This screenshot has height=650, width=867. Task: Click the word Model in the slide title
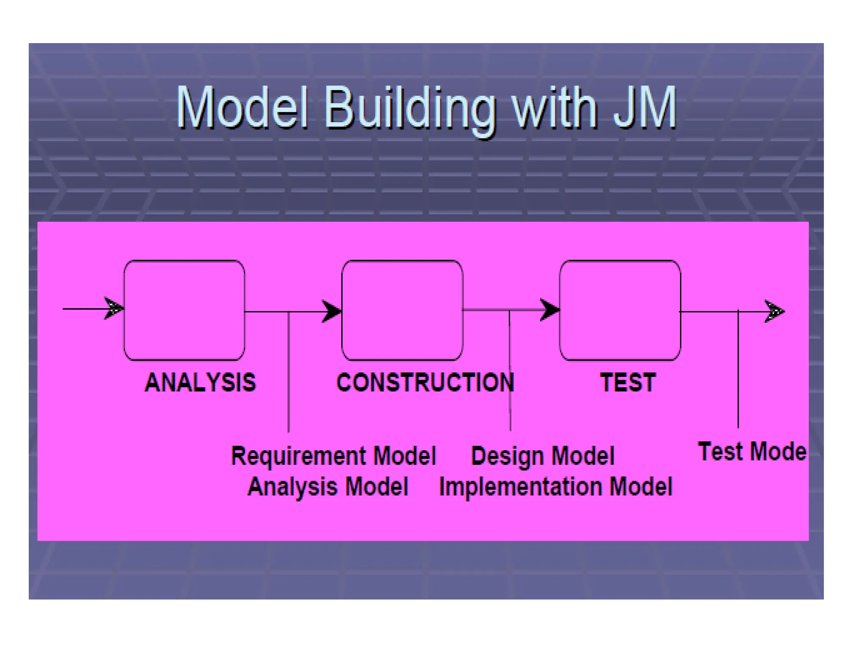pos(241,108)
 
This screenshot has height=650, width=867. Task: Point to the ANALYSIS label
pos(200,383)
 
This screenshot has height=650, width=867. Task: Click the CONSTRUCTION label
pos(425,383)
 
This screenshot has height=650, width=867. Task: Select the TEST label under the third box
pos(628,383)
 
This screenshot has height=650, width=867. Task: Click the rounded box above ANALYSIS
pos(184,310)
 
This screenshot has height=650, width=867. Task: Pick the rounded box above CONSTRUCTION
pos(402,310)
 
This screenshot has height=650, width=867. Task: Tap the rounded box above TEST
pos(620,310)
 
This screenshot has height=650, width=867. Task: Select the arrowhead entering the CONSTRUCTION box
pos(331,311)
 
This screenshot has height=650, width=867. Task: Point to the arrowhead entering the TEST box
pos(549,310)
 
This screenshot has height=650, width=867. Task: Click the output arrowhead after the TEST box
pos(774,312)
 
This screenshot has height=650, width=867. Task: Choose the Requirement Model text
pos(333,456)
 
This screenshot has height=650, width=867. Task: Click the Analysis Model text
pos(328,486)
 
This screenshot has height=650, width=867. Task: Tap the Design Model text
pos(542,456)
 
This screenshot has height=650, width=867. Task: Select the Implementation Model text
pos(555,486)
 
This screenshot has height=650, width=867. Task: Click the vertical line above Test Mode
pos(738,372)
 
